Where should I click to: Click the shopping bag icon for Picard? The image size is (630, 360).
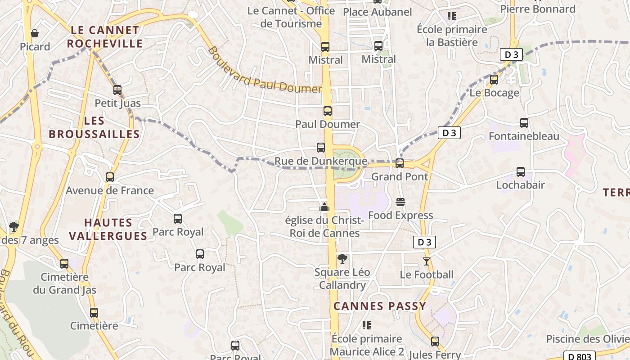pyautogui.click(x=34, y=33)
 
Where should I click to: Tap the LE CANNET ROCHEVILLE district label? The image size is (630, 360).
pyautogui.click(x=105, y=37)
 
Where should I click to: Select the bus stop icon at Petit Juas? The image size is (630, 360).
pyautogui.click(x=117, y=90)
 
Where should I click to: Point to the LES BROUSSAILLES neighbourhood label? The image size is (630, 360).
pyautogui.click(x=94, y=127)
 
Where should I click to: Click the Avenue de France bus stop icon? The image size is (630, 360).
pyautogui.click(x=110, y=177)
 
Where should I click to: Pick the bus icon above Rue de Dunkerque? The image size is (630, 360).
pyautogui.click(x=321, y=147)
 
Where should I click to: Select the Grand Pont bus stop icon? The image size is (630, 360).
pyautogui.click(x=399, y=163)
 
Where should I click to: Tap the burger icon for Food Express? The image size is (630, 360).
pyautogui.click(x=400, y=202)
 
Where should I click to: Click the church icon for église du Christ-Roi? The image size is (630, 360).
pyautogui.click(x=324, y=207)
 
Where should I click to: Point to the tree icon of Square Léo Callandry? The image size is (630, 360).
pyautogui.click(x=342, y=259)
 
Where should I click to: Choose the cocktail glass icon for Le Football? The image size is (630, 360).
pyautogui.click(x=427, y=261)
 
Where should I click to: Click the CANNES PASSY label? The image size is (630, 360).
pyautogui.click(x=379, y=306)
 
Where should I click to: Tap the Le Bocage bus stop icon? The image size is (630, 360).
pyautogui.click(x=494, y=80)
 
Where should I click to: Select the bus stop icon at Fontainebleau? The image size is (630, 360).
pyautogui.click(x=524, y=122)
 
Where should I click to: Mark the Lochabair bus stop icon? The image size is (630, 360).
pyautogui.click(x=521, y=171)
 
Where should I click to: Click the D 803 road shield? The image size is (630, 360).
pyautogui.click(x=579, y=356)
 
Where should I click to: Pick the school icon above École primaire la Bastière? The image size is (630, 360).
pyautogui.click(x=452, y=17)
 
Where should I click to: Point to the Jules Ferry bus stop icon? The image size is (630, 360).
pyautogui.click(x=435, y=341)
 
